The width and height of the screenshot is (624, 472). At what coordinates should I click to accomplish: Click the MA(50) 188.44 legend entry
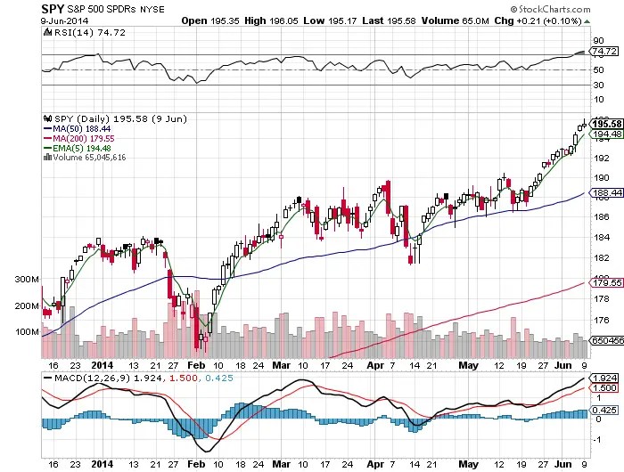pos(76,127)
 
